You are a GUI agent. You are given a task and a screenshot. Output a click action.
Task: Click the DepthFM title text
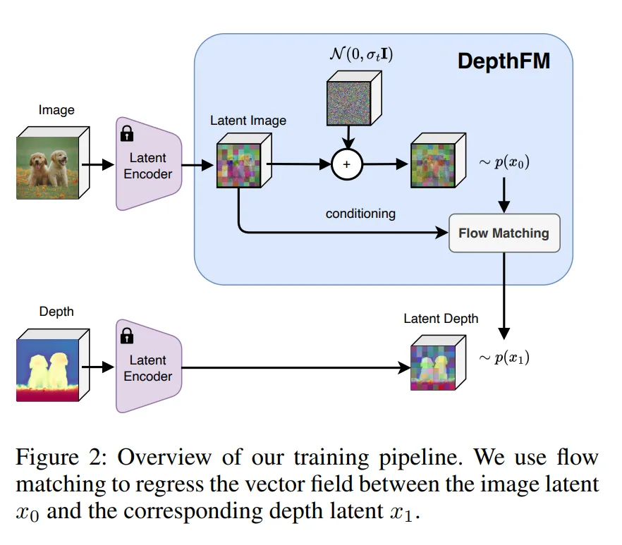504,61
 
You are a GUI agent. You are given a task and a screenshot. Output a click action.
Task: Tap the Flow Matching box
504,233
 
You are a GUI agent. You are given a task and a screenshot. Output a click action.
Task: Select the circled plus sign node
346,164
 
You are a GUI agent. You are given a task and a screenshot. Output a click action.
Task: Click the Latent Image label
248,121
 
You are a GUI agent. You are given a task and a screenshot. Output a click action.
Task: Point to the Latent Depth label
441,319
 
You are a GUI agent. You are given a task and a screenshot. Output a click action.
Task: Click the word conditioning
360,213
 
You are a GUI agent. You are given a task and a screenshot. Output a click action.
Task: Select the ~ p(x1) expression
504,357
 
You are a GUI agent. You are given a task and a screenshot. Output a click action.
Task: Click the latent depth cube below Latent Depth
434,364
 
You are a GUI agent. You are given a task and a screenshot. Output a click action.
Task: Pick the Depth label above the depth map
56,311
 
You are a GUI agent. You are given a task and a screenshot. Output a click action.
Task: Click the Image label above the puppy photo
56,110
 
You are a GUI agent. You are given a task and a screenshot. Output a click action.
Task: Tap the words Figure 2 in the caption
59,458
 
